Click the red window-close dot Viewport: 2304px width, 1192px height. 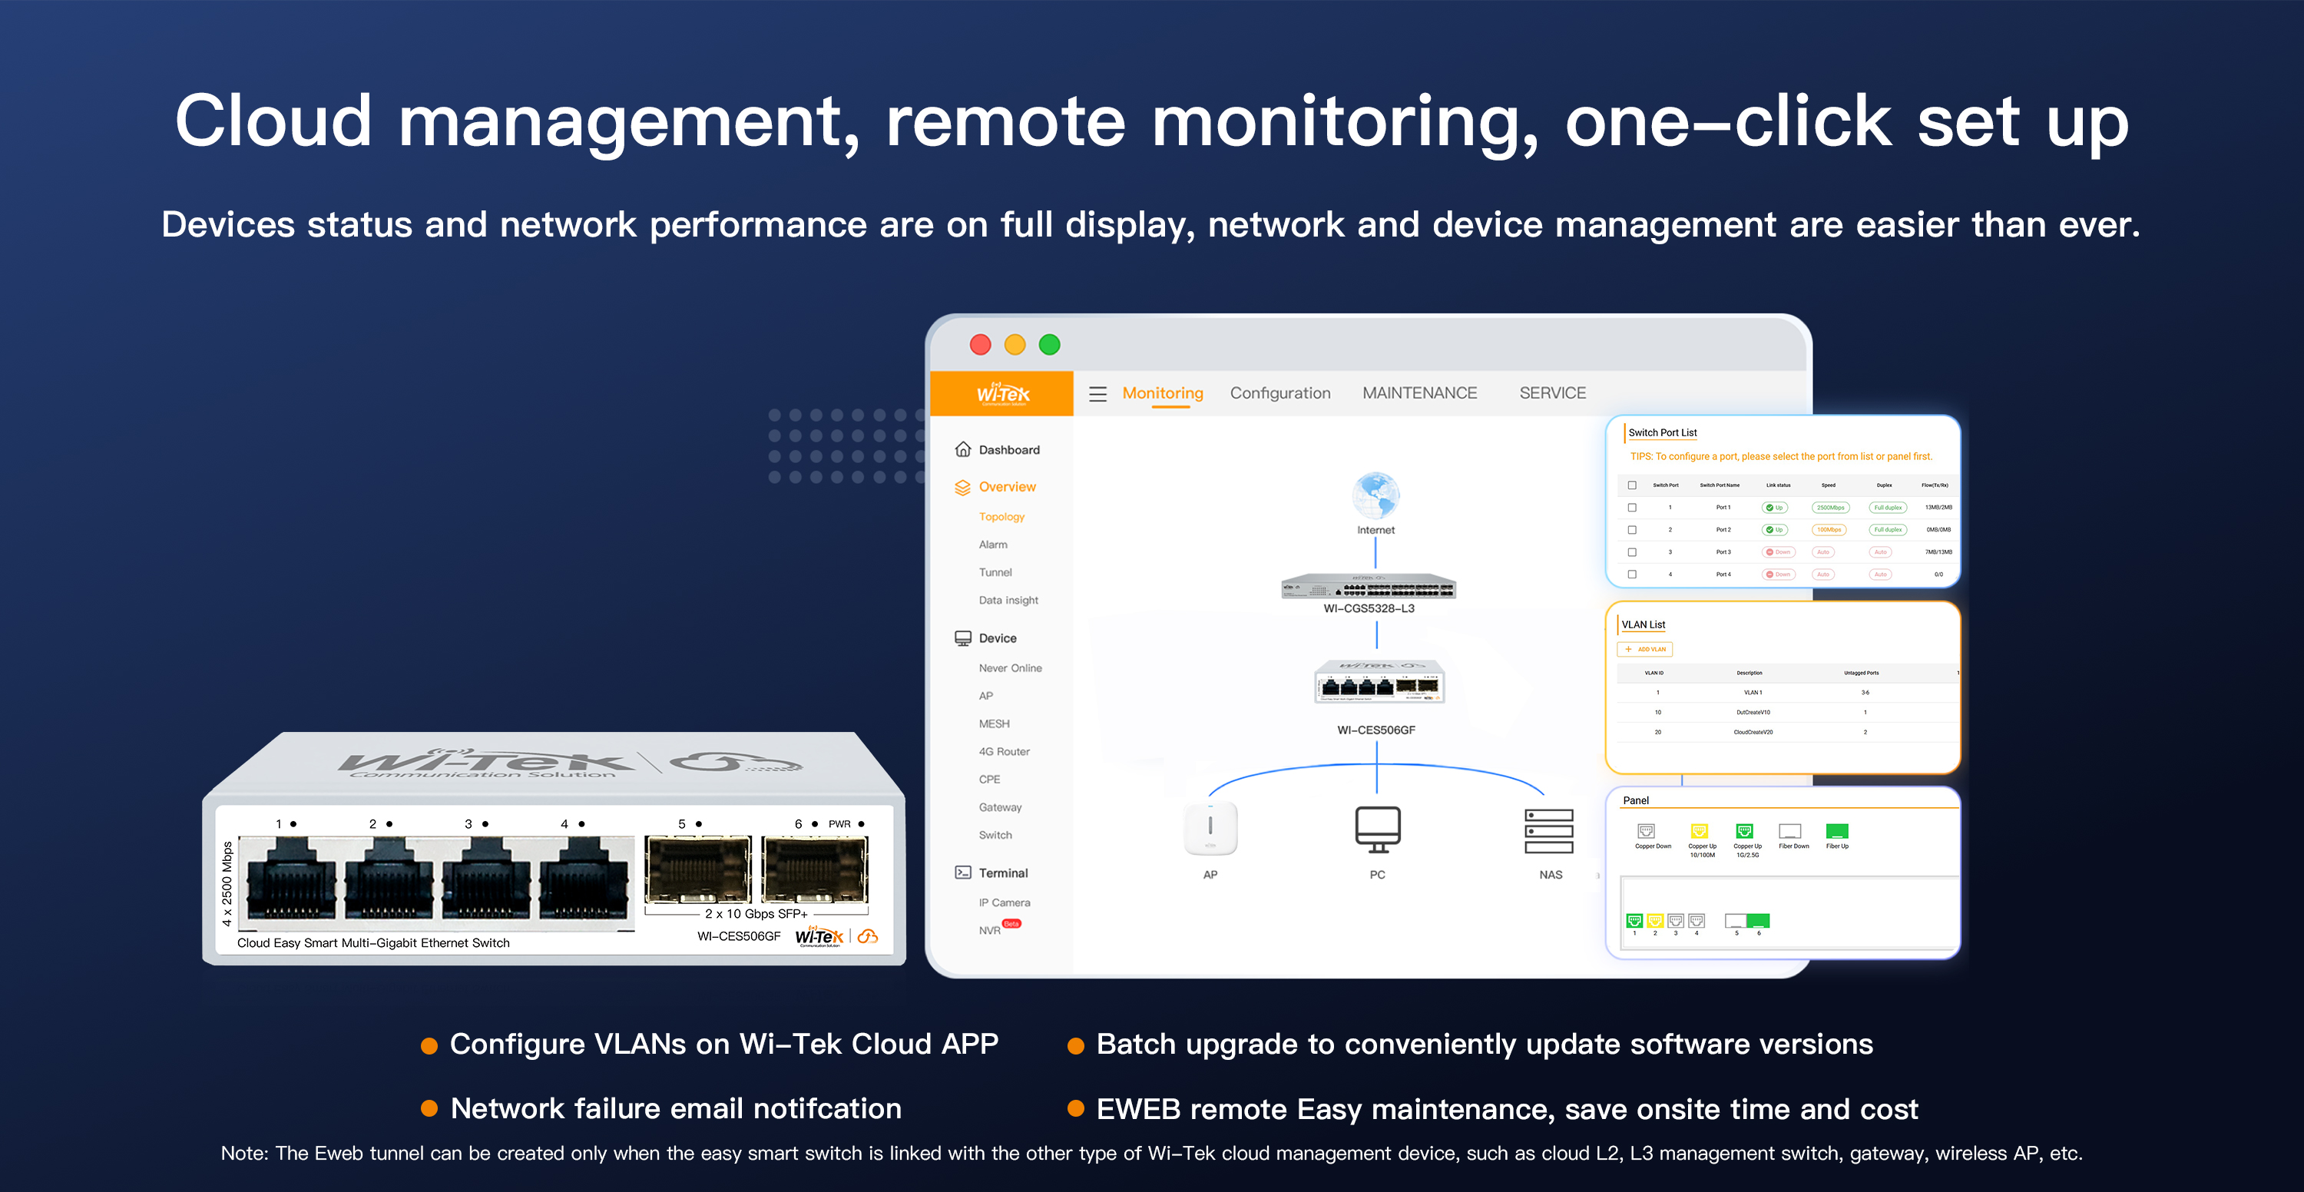click(980, 345)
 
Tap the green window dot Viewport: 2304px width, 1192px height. click(1049, 345)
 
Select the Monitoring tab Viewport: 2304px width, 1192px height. click(1162, 393)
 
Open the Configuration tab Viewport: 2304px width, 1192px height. click(1279, 393)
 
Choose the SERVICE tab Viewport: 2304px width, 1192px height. click(1552, 393)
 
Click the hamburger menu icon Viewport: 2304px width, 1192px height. click(1097, 394)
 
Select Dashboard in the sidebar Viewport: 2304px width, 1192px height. click(1008, 450)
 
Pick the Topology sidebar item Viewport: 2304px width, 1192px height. click(1001, 517)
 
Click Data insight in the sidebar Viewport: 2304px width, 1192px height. click(1008, 600)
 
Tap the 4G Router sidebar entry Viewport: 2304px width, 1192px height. click(1004, 752)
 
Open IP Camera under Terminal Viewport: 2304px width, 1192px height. click(1004, 903)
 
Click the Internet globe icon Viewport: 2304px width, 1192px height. click(1375, 495)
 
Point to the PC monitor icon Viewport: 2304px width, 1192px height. click(1377, 829)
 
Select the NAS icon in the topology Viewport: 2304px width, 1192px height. click(1549, 831)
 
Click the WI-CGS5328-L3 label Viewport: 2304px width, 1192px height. click(1369, 609)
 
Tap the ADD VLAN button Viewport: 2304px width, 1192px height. click(1645, 650)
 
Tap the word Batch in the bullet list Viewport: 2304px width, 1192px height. click(1131, 1045)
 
